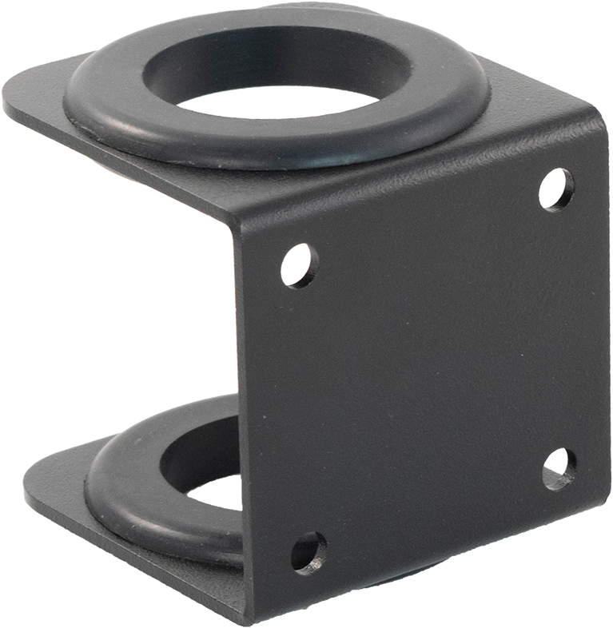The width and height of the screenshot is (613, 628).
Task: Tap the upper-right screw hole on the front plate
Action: [555, 189]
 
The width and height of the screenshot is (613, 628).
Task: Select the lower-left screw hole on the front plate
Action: [308, 552]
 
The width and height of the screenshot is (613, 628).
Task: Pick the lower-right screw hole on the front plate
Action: [558, 469]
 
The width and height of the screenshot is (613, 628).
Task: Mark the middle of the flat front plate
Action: [424, 368]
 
